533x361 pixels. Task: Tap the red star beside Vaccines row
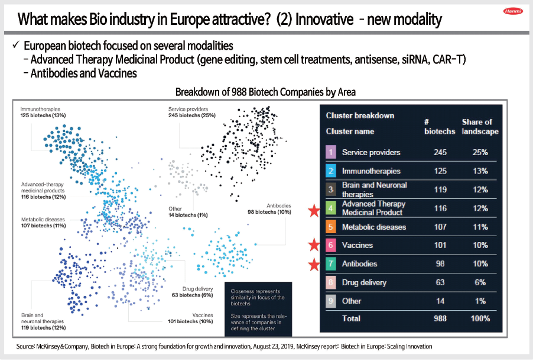(x=313, y=244)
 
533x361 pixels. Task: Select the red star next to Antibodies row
(x=313, y=263)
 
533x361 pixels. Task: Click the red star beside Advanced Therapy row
(x=313, y=208)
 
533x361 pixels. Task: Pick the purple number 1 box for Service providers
(x=331, y=152)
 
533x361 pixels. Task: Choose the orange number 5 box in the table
(x=331, y=227)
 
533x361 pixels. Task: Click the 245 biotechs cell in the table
(x=440, y=152)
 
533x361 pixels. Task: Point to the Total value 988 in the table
(x=440, y=318)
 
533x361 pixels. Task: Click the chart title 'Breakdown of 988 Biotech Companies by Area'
(x=265, y=92)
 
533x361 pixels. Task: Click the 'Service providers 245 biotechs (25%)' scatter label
(x=193, y=113)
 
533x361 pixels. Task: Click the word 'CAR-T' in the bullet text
(x=448, y=60)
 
